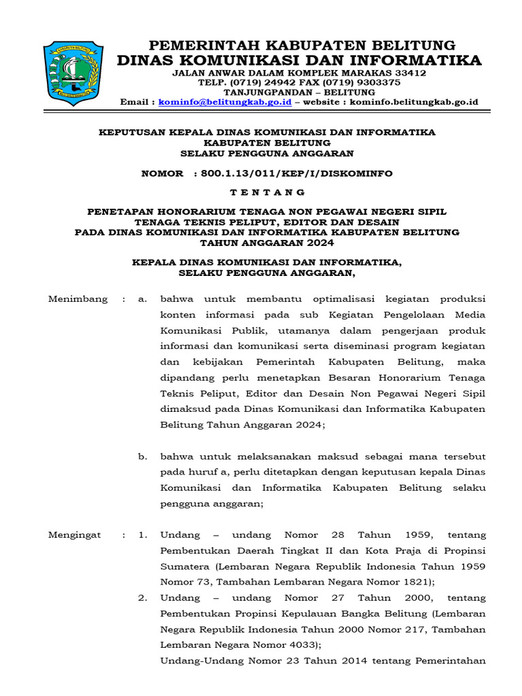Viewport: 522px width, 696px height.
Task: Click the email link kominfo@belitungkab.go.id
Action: point(225,102)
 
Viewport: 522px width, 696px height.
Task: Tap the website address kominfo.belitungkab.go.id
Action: point(414,102)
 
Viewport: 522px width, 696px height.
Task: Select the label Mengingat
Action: point(75,535)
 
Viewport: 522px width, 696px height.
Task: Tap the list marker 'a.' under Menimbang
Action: point(143,299)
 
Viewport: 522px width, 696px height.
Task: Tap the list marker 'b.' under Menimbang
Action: point(143,456)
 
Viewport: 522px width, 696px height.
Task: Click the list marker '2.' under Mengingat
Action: point(143,598)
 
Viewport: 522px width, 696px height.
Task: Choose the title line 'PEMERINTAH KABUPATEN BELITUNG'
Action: point(302,46)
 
